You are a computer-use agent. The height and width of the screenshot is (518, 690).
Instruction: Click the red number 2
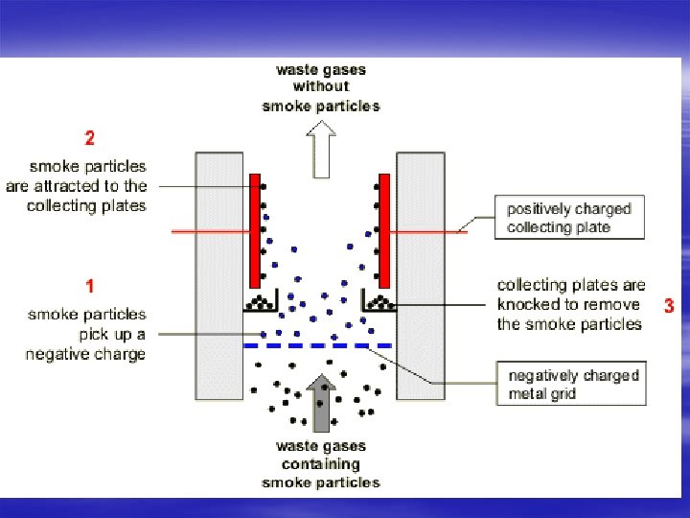click(x=89, y=138)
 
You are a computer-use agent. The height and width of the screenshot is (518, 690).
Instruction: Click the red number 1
click(x=89, y=285)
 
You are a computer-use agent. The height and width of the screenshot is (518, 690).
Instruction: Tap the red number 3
click(x=669, y=307)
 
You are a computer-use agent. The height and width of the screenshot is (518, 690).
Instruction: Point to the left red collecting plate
click(x=255, y=230)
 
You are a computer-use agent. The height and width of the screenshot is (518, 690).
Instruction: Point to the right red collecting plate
click(x=384, y=230)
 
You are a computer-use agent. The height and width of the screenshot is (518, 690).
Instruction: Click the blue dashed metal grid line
click(x=317, y=344)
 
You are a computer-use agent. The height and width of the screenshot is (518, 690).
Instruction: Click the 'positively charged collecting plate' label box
click(x=569, y=218)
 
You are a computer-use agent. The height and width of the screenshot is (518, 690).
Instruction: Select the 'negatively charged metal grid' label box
click(x=570, y=384)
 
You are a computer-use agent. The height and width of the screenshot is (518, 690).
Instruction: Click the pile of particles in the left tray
click(x=260, y=305)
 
